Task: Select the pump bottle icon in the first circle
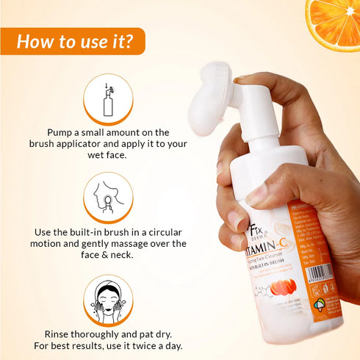(108, 99)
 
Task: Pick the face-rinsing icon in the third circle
(108, 299)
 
